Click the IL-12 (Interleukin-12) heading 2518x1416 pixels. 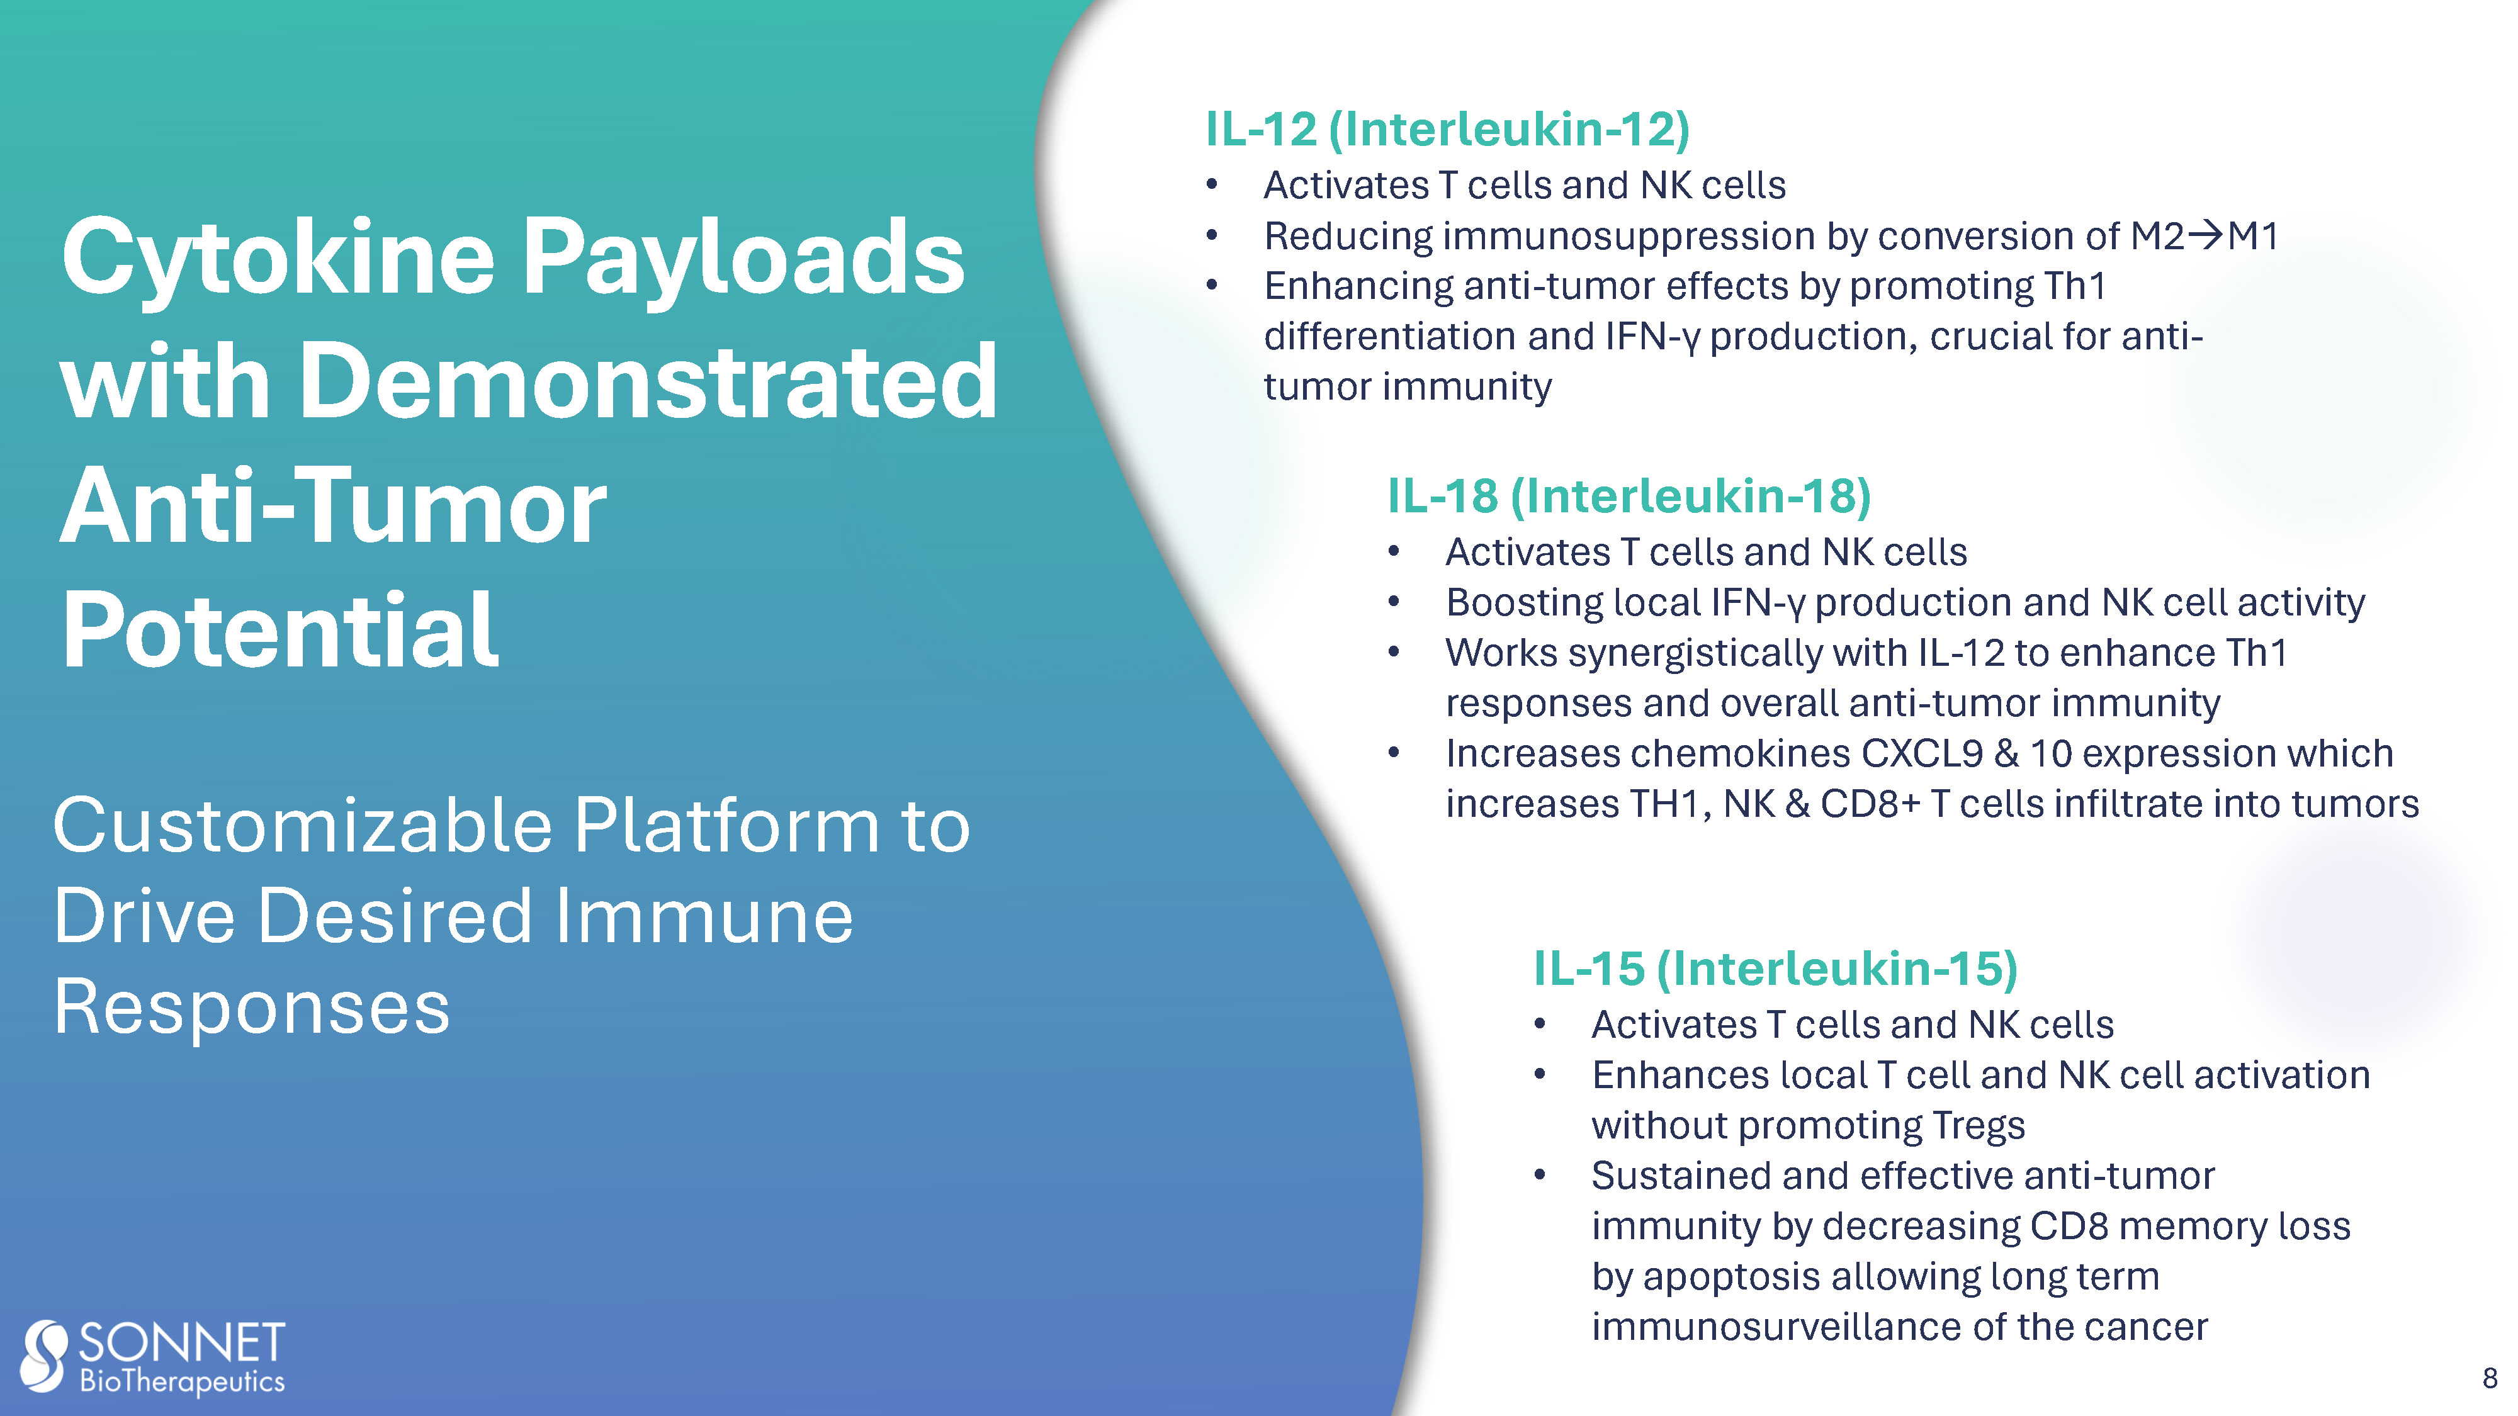point(1448,130)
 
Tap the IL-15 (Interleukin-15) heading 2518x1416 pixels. point(1776,969)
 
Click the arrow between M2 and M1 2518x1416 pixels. point(2205,235)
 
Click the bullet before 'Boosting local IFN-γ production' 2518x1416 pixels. point(1394,601)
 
